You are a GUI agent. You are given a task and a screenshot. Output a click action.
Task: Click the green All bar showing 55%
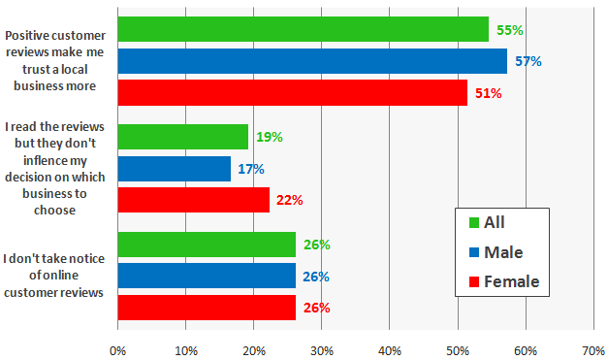[x=303, y=30]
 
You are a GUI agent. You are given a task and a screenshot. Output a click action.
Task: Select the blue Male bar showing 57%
[x=312, y=61]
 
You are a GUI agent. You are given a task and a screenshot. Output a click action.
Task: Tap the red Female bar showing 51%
[x=292, y=93]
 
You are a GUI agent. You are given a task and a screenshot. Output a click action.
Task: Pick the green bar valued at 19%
[x=182, y=137]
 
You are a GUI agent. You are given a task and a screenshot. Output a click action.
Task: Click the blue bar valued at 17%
[x=174, y=169]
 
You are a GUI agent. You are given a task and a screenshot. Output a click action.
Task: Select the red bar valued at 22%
[x=193, y=200]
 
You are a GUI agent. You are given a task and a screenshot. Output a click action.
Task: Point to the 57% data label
[x=528, y=62]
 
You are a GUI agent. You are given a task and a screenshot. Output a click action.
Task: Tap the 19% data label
[x=270, y=138]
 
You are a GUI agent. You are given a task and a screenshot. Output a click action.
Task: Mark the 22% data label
[x=290, y=201]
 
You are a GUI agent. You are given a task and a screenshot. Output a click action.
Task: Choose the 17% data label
[x=250, y=169]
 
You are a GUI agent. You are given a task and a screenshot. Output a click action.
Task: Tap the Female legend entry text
[x=511, y=282]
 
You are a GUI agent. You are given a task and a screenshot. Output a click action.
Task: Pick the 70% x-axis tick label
[x=592, y=349]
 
